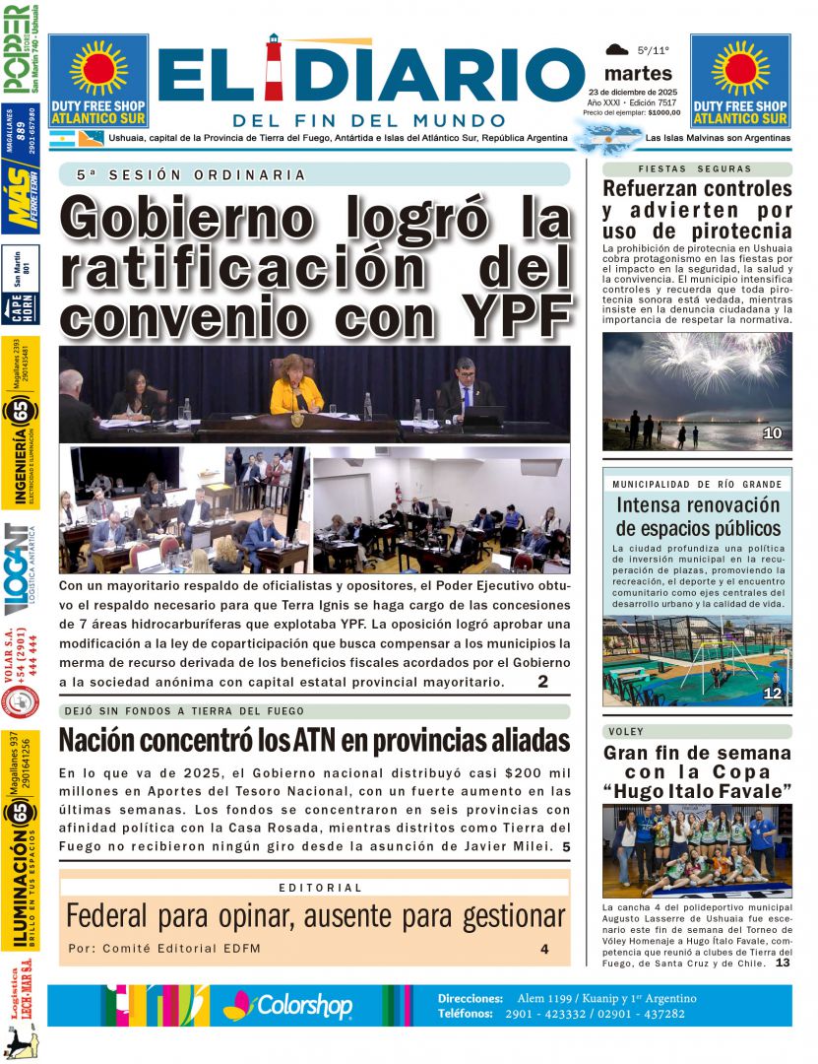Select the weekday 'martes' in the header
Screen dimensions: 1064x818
(638, 74)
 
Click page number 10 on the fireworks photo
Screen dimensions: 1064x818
(772, 432)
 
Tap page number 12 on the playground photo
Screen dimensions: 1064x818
(772, 694)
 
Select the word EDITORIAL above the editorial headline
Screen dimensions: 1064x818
(320, 888)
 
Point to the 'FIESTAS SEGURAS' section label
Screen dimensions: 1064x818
(695, 169)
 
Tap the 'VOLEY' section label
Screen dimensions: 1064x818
(626, 732)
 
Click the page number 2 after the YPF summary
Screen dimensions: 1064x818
(542, 682)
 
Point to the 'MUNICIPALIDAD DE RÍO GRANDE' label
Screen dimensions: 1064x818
(696, 485)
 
